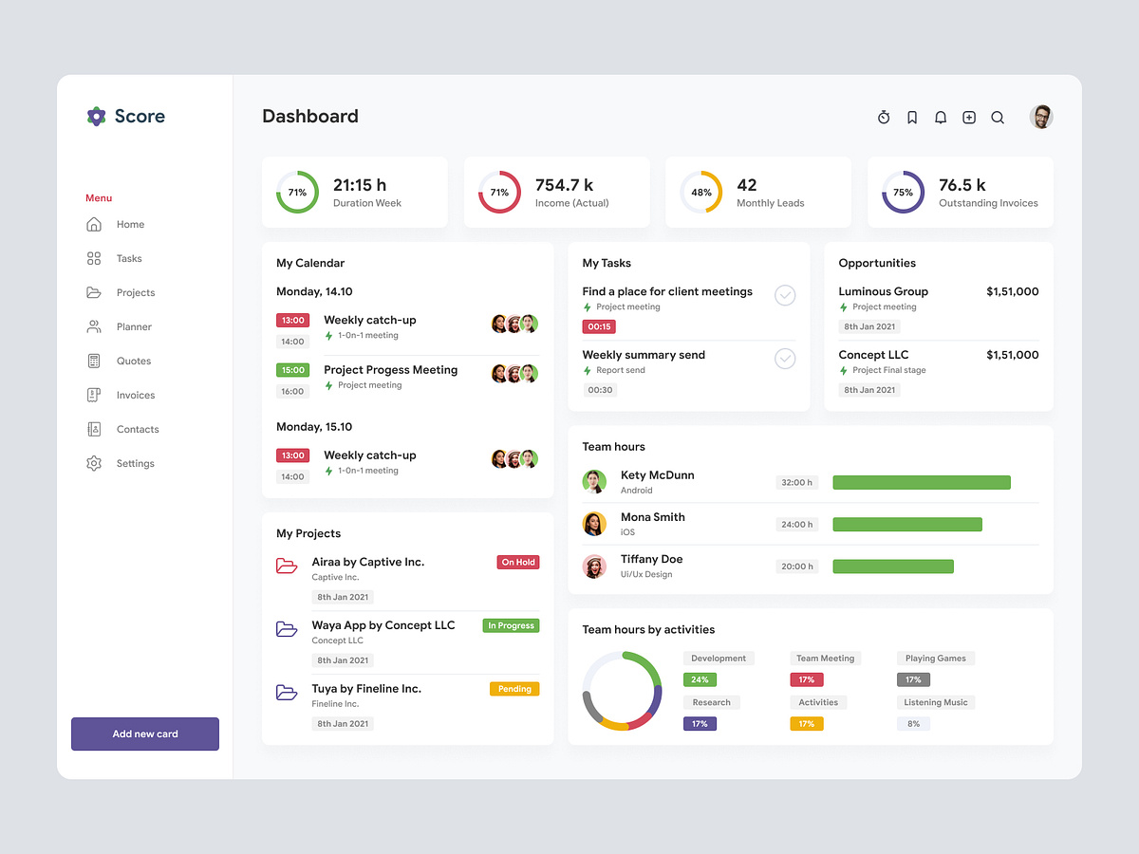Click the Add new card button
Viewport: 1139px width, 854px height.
coord(145,733)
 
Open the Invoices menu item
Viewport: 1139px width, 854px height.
coord(135,395)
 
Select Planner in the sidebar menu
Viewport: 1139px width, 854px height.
coord(134,326)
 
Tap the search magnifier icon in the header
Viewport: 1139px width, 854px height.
coord(998,118)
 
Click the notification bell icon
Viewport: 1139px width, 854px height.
coord(941,118)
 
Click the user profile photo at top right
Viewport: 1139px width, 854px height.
coord(1041,117)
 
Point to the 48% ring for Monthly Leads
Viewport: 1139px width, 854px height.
coord(701,192)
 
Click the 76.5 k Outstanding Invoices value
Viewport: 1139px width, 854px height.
coord(962,185)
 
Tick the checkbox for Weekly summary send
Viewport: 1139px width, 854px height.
coord(785,359)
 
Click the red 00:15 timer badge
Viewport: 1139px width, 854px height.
coord(600,326)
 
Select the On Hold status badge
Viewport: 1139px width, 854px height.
coord(518,563)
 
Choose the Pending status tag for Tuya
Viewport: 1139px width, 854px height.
coord(514,689)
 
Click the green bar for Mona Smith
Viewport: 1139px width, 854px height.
coord(907,525)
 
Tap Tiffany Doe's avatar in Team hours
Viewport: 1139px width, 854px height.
coord(594,566)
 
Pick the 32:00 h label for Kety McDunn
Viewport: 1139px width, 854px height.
coord(796,482)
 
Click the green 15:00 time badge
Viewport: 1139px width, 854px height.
coord(293,370)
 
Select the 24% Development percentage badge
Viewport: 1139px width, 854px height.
coord(700,679)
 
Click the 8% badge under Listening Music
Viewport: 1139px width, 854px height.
coord(913,723)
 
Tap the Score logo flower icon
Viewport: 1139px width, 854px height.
coord(96,117)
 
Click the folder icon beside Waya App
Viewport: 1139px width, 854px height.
coord(287,629)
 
